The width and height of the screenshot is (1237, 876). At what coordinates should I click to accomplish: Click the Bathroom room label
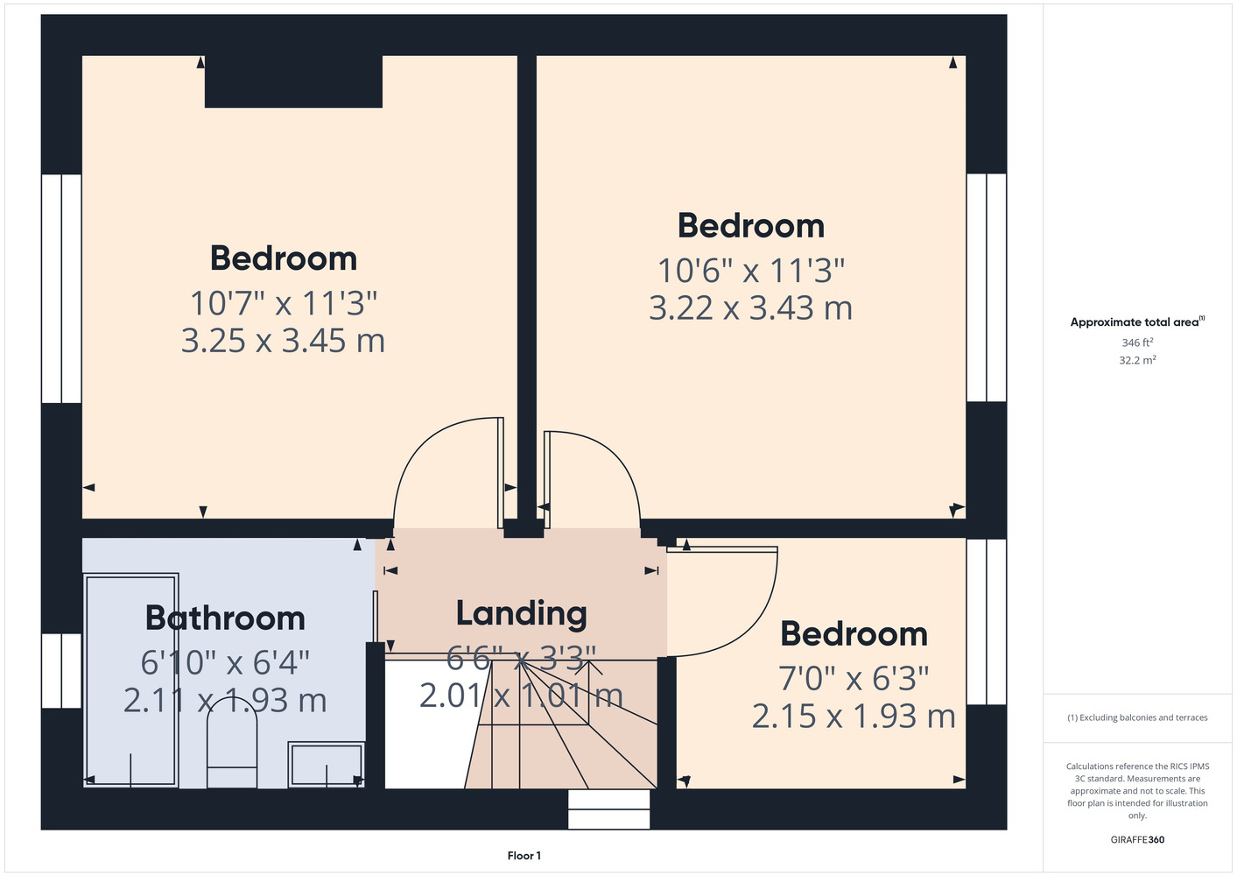tap(225, 618)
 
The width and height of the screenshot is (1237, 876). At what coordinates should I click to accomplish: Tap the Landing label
tap(521, 614)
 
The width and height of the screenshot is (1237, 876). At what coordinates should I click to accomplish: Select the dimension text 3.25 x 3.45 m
tap(283, 341)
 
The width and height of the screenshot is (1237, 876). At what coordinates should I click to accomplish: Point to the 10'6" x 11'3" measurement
tap(751, 271)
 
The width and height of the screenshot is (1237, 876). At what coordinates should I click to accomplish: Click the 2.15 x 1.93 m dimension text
tap(854, 717)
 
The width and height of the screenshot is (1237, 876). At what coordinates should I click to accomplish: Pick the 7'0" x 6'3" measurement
tap(854, 679)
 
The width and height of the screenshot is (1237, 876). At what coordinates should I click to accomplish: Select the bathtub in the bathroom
tap(131, 680)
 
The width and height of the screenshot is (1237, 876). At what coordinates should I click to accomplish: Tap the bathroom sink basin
tap(327, 764)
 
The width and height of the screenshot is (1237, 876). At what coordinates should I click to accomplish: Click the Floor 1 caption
tap(524, 856)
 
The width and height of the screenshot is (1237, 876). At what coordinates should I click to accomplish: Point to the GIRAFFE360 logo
tap(1137, 839)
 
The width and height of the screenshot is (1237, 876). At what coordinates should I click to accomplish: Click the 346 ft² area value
tap(1137, 343)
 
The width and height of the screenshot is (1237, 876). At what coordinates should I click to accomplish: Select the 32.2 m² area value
tap(1137, 360)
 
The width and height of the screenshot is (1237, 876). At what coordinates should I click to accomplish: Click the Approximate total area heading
tap(1137, 321)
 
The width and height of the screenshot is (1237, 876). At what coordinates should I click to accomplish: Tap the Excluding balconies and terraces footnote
tap(1137, 717)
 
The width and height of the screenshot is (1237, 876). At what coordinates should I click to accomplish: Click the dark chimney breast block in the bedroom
tap(293, 81)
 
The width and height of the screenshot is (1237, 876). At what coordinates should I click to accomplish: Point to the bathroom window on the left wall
tap(62, 670)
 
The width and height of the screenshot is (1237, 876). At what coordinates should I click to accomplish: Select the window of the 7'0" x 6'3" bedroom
tap(987, 622)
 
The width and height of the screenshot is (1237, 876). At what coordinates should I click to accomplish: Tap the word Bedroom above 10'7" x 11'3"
tap(284, 258)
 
